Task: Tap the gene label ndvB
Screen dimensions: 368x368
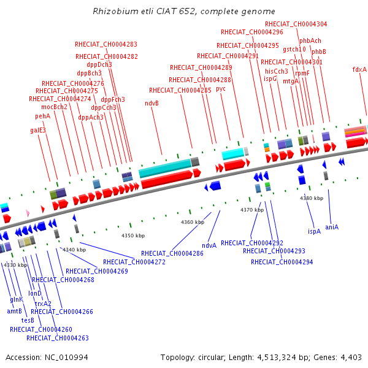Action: tap(151, 103)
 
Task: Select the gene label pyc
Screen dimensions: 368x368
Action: tap(221, 88)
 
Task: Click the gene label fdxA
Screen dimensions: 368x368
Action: tap(359, 69)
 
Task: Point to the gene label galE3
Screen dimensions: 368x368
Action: tap(38, 130)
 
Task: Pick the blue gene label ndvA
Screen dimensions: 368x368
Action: tap(209, 245)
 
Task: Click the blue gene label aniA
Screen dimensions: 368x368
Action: tap(332, 227)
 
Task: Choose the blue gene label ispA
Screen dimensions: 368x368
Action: tap(314, 231)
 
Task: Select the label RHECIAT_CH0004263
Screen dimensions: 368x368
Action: tap(58, 338)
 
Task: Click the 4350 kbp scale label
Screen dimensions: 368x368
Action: tap(132, 236)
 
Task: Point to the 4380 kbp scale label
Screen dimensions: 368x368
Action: tap(311, 198)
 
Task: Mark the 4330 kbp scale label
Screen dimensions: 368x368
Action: tap(15, 265)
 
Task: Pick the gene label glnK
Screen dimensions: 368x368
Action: tap(17, 299)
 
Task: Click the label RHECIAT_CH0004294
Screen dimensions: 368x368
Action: tap(282, 262)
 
